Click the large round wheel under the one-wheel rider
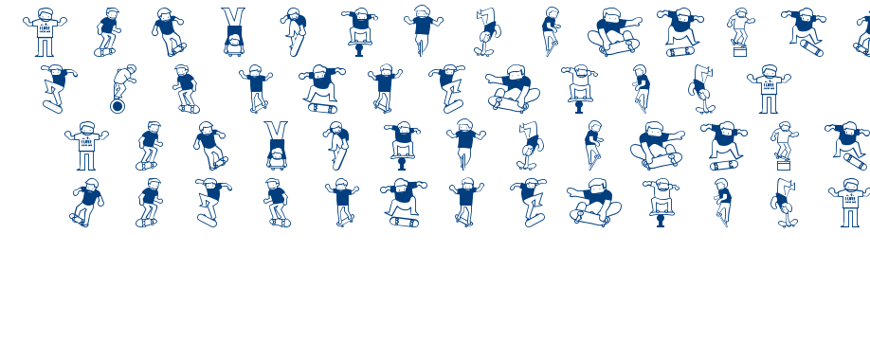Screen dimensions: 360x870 pyautogui.click(x=118, y=106)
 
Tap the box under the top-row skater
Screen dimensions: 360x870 pyautogui.click(x=739, y=51)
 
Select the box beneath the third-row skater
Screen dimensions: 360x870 pyautogui.click(x=784, y=165)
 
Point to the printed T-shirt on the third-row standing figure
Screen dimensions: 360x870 pyautogui.click(x=87, y=144)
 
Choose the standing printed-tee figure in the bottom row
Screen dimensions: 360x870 pyautogui.click(x=849, y=203)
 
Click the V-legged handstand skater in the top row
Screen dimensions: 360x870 pyautogui.click(x=233, y=30)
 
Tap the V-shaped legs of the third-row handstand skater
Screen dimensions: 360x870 pyautogui.click(x=276, y=132)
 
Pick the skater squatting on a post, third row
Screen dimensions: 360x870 pyautogui.click(x=402, y=144)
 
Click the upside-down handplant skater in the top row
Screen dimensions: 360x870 pyautogui.click(x=486, y=31)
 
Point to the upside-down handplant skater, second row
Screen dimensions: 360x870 pyautogui.click(x=701, y=86)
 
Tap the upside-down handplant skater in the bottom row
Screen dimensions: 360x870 pyautogui.click(x=784, y=202)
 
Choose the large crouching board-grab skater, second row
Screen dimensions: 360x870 pyautogui.click(x=513, y=88)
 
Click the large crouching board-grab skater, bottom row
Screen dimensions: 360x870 pyautogui.click(x=594, y=202)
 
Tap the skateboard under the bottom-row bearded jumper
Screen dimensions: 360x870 pyautogui.click(x=404, y=221)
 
